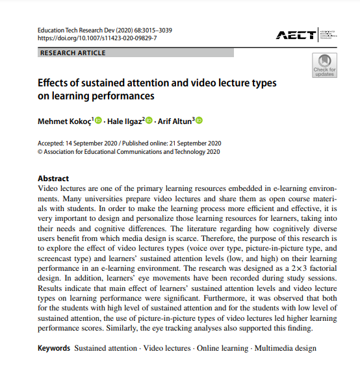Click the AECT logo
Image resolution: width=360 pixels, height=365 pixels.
click(x=296, y=34)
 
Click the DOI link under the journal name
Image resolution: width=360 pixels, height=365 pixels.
click(x=97, y=38)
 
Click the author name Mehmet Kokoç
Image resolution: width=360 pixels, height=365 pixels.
click(x=64, y=120)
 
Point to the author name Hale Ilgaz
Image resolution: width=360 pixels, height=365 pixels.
click(x=125, y=120)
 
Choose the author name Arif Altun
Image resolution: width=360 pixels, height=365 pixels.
click(x=176, y=120)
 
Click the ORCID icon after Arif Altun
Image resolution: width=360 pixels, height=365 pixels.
click(x=199, y=120)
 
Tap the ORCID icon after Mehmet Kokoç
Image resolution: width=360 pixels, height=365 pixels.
click(x=99, y=120)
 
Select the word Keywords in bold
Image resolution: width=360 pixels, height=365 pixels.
click(x=54, y=348)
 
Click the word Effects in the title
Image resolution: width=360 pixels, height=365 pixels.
click(x=55, y=84)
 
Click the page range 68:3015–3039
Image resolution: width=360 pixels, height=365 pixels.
click(x=150, y=30)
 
